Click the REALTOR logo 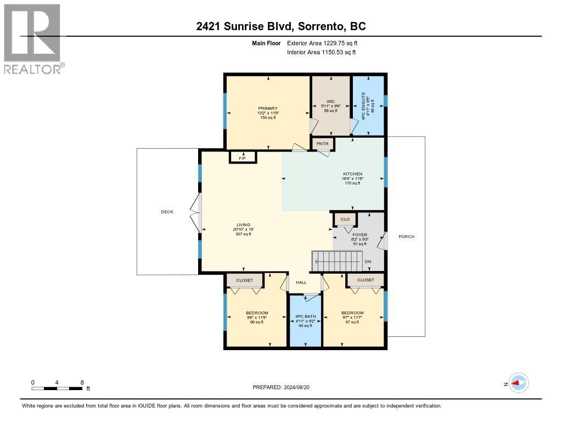coord(32,39)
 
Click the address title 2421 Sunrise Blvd coord(281,26)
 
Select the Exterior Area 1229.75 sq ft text coord(322,43)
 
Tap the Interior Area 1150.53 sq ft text coord(322,52)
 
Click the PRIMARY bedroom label coord(268,109)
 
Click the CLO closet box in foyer coord(345,219)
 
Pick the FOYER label coord(359,235)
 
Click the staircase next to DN coord(337,260)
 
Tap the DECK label coord(167,212)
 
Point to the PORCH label coord(407,236)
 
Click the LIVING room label coord(243,225)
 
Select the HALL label coord(301,282)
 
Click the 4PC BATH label coord(304,317)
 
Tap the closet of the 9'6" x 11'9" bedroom coord(245,280)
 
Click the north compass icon coord(518,384)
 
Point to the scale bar coord(57,388)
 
